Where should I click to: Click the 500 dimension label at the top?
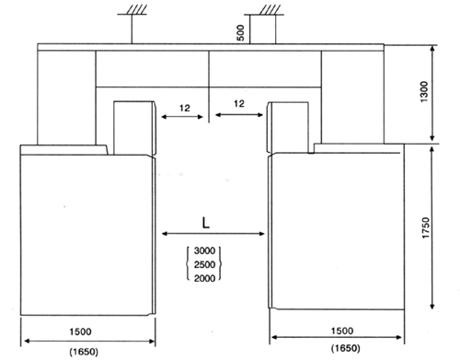point(241,32)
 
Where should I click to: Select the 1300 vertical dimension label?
point(424,91)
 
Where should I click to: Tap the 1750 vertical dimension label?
point(426,227)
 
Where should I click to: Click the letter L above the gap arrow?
point(206,223)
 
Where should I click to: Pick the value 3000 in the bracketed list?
point(204,250)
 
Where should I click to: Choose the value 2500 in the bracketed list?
point(204,264)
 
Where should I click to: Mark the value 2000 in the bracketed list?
point(204,278)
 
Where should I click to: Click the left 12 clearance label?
point(185,108)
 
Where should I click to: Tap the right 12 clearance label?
point(239,104)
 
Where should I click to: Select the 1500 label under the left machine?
point(80,331)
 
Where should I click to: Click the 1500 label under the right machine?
point(342,331)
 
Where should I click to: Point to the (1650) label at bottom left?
point(84,352)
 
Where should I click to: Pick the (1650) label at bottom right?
point(346,348)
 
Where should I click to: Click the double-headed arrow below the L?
point(213,234)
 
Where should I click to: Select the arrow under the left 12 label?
point(182,117)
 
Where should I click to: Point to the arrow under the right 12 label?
point(239,115)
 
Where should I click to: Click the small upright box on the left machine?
point(133,128)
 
